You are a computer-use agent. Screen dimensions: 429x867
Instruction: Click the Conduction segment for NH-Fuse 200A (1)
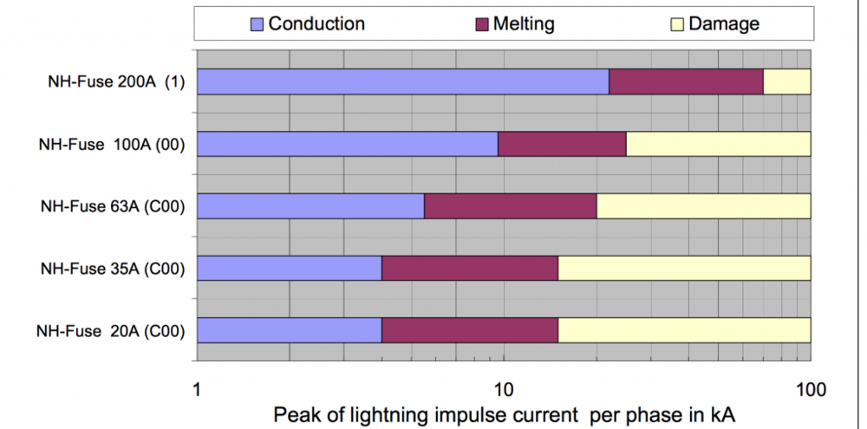(403, 81)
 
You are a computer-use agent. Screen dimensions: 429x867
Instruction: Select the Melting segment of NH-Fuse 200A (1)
(686, 81)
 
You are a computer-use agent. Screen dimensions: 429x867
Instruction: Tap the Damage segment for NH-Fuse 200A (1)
(786, 81)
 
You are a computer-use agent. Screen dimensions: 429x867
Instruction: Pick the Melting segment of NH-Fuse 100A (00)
(562, 144)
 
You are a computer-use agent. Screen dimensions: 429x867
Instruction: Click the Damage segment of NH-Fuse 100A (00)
(718, 144)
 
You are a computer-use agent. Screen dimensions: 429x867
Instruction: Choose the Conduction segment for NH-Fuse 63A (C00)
(310, 206)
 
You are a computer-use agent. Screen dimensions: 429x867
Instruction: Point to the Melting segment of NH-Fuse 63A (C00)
(510, 206)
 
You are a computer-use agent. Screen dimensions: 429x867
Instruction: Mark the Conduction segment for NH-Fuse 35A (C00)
(290, 269)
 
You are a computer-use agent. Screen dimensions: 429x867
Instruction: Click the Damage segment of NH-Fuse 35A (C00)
(684, 269)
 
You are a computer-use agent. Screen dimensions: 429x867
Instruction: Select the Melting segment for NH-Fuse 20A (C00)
(470, 331)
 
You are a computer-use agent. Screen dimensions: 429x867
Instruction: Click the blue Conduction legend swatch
(257, 24)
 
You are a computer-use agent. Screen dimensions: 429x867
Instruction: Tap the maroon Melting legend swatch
(482, 24)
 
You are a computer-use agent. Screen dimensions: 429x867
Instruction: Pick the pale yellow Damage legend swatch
(677, 24)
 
